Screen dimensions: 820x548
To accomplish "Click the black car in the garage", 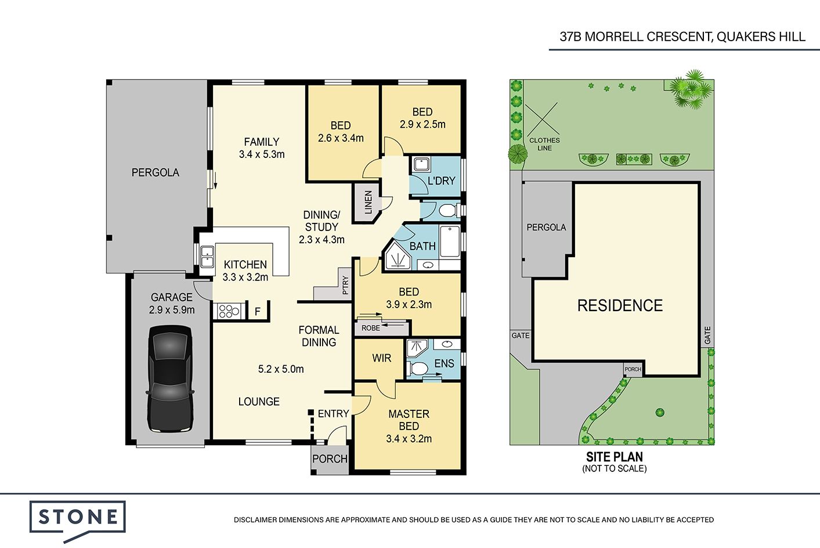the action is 170,378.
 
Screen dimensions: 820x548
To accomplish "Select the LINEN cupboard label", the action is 369,202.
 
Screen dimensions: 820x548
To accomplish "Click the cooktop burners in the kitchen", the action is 229,311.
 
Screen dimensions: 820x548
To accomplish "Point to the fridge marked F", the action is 258,312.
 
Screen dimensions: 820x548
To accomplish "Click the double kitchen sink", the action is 207,256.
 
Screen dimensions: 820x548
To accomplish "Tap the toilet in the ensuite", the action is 417,369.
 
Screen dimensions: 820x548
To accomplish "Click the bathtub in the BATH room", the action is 450,241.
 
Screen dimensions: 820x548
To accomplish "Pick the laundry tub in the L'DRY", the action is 422,164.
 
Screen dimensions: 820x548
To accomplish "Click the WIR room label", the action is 381,358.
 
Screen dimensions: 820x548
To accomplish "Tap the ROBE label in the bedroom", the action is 371,328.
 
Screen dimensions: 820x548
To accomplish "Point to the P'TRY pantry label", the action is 345,286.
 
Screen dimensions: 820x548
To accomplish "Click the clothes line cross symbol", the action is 542,118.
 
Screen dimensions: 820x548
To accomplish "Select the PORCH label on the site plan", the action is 633,369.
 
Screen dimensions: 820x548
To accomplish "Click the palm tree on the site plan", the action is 690,89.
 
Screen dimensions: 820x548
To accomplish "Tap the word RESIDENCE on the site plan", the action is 620,305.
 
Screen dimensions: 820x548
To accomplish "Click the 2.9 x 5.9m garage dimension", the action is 172,309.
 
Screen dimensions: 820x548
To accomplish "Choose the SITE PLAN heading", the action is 614,457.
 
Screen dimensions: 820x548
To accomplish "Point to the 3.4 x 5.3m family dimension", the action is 262,154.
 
